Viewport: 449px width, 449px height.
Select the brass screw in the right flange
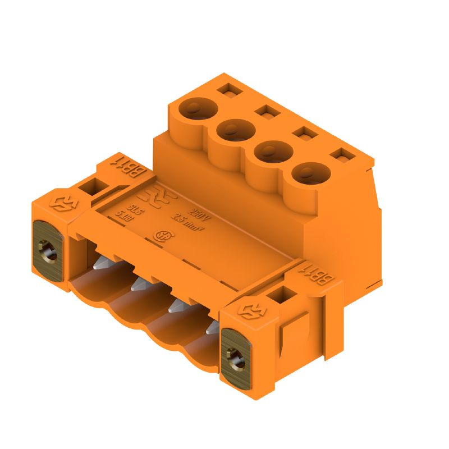coord(235,355)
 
